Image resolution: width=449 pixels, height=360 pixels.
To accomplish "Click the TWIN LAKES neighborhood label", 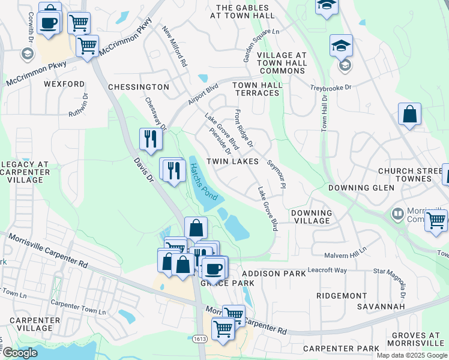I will point(233,161).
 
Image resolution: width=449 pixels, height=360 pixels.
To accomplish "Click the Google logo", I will point(19,353).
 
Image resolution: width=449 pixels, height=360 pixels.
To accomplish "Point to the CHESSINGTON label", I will point(139,87).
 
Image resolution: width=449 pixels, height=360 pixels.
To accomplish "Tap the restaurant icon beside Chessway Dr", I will point(151,139).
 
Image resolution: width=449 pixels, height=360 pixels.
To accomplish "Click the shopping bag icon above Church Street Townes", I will point(409,114).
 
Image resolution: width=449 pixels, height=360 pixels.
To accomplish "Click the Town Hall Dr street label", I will point(324,113).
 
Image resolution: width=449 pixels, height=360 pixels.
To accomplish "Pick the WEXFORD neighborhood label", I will point(64,84).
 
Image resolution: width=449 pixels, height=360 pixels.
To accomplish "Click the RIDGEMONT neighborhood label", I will point(342,296).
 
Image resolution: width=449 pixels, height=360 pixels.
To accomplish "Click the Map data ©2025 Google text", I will point(412,355).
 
